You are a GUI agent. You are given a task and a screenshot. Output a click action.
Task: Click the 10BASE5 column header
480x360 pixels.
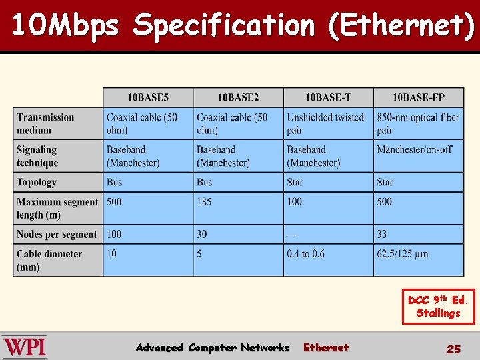click(148, 97)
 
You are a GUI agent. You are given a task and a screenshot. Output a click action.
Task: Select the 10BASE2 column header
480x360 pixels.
click(238, 97)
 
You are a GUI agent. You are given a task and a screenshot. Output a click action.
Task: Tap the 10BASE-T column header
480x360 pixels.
click(328, 97)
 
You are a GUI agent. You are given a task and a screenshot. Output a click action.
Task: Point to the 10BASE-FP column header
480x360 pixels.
click(419, 97)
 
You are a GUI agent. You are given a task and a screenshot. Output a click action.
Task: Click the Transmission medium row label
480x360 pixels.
click(45, 123)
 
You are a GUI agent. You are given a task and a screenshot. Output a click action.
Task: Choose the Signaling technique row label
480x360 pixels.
click(37, 156)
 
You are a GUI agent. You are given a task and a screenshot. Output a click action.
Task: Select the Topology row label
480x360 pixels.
click(37, 182)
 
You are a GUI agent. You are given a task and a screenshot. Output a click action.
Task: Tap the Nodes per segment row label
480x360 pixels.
click(57, 234)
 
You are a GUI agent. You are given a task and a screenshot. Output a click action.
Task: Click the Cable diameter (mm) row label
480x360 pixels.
click(49, 260)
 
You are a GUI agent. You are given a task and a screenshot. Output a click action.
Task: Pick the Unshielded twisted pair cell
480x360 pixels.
click(325, 123)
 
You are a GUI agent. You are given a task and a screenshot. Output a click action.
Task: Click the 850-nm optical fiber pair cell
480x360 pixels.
click(418, 123)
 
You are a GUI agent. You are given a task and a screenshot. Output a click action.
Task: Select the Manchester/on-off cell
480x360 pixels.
click(414, 149)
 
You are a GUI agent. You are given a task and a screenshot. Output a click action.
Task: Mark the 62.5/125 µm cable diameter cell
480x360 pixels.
click(403, 253)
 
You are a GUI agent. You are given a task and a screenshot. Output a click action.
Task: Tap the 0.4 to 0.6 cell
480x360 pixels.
click(306, 253)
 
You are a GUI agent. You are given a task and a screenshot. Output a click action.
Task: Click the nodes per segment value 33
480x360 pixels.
click(382, 234)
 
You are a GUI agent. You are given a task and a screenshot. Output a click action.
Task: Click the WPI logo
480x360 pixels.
click(25, 347)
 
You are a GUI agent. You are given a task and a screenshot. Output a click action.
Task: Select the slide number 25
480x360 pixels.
click(453, 349)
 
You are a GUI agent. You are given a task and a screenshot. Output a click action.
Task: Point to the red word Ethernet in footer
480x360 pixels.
click(326, 347)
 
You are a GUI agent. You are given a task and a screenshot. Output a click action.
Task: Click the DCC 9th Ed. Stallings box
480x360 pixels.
click(439, 307)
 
